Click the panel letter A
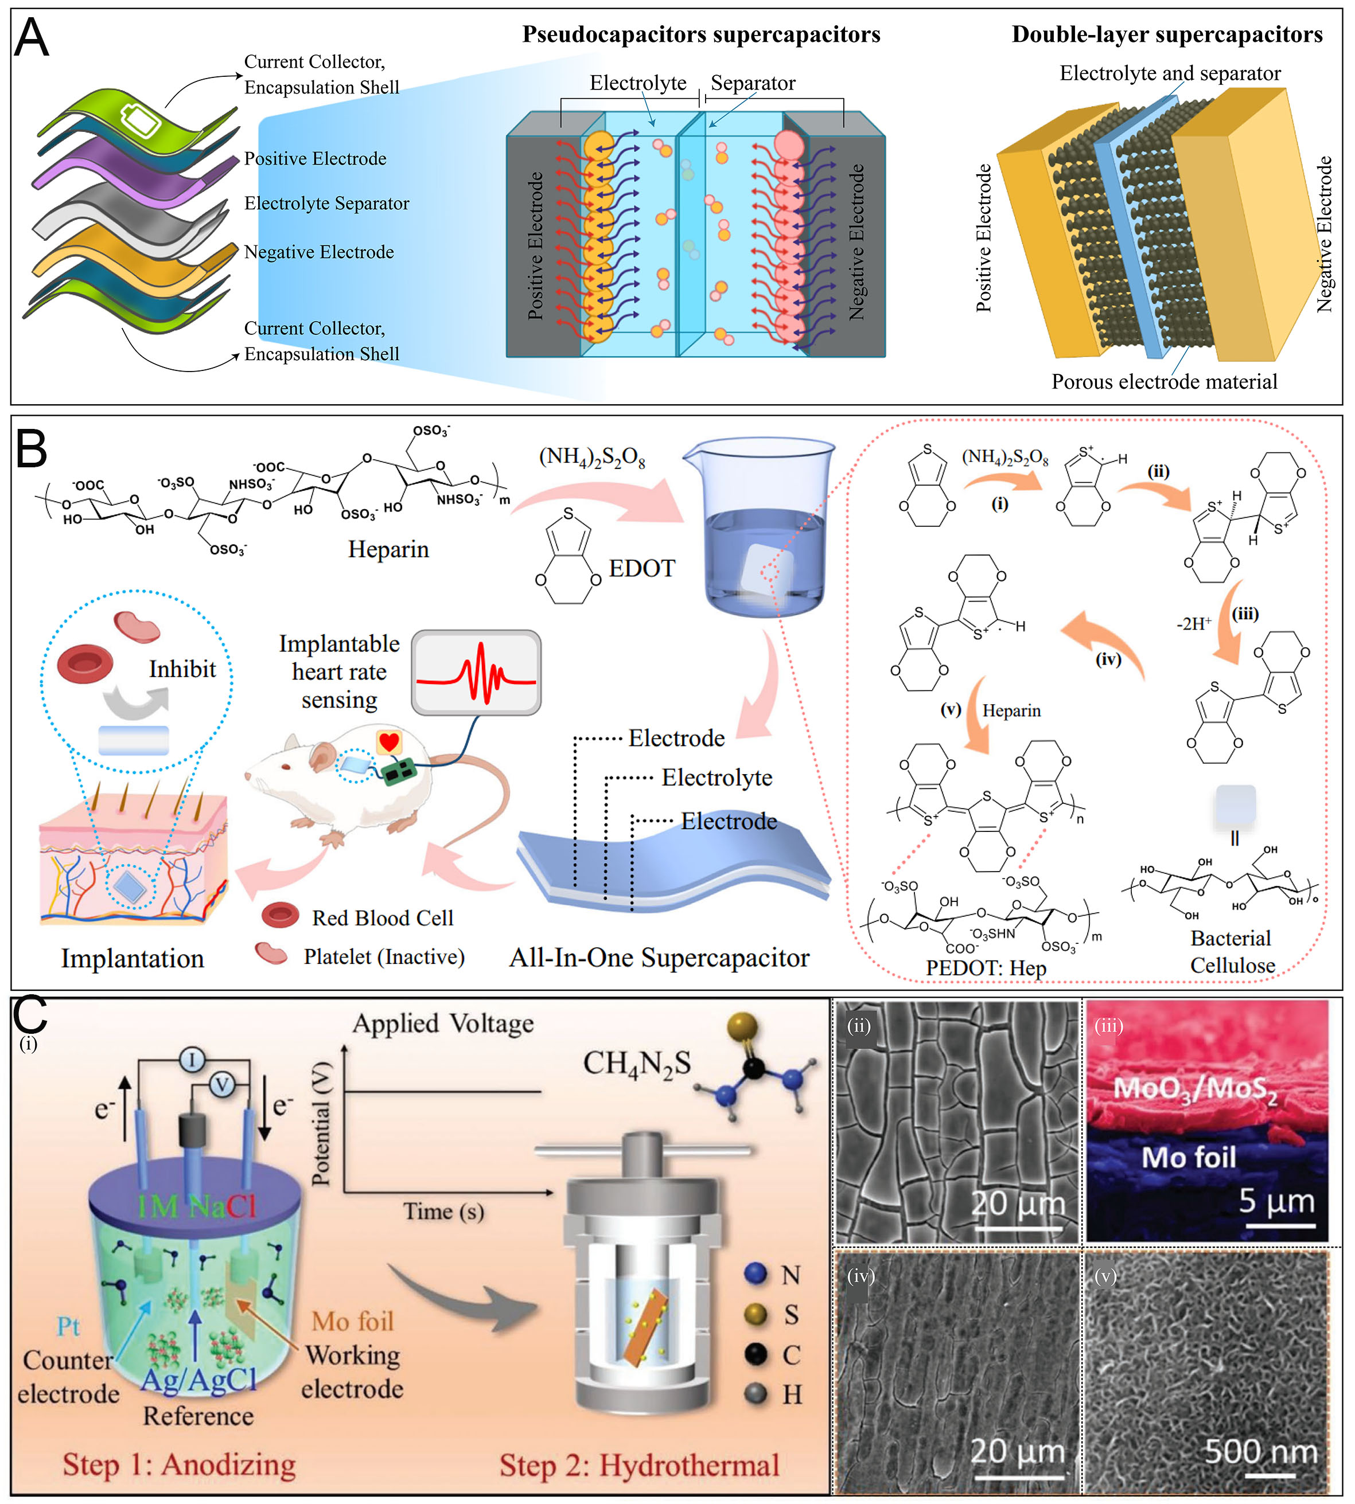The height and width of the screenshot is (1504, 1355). click(x=32, y=37)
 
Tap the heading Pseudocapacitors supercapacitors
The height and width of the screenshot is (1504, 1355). click(x=700, y=34)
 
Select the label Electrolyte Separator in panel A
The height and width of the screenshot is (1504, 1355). click(x=326, y=203)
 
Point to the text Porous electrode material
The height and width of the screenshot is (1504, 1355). click(x=1163, y=382)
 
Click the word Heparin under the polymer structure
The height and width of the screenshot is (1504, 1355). click(x=388, y=549)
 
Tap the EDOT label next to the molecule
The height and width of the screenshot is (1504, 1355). click(x=642, y=569)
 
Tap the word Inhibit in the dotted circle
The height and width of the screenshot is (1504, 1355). click(x=182, y=669)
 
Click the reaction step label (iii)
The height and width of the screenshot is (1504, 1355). click(x=1245, y=614)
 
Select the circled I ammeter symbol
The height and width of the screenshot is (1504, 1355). click(x=192, y=1059)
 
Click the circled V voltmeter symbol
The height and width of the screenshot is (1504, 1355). click(x=221, y=1086)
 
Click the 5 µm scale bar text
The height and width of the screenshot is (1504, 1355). click(x=1276, y=1200)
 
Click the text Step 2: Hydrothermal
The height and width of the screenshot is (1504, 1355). click(x=639, y=1464)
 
